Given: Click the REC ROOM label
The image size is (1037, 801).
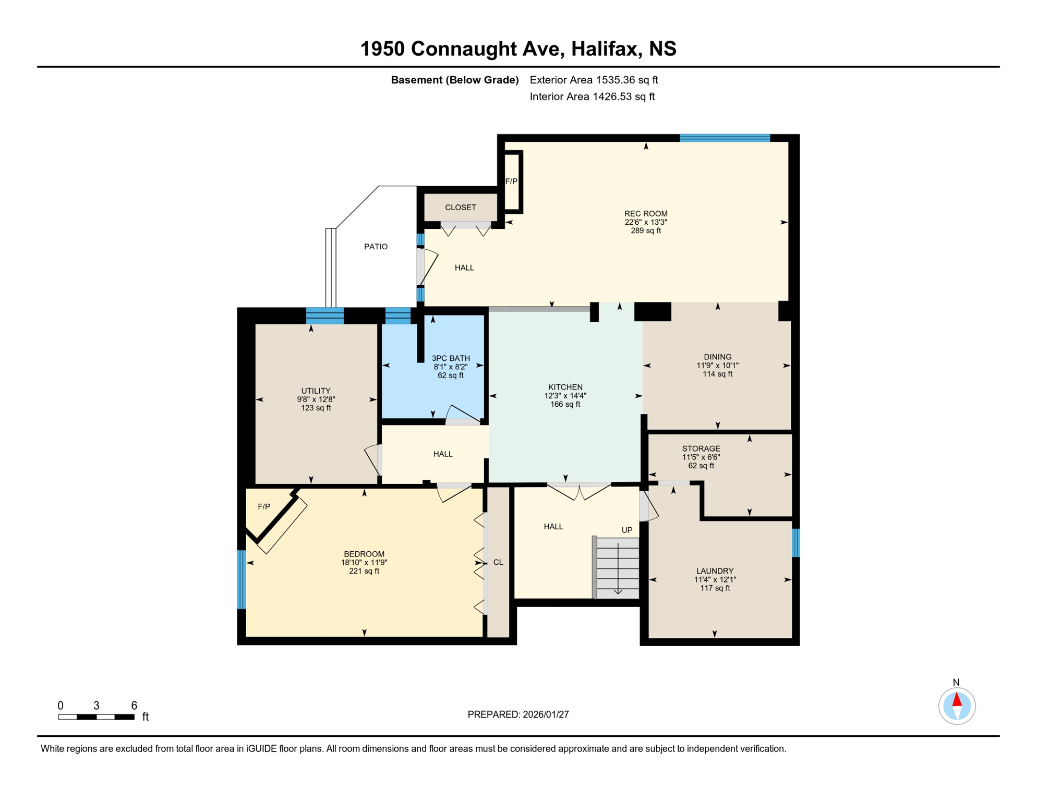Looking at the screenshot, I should click(646, 214).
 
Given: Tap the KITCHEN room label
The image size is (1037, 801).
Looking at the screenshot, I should click(565, 387).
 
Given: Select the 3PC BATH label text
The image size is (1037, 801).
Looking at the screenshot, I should click(451, 358).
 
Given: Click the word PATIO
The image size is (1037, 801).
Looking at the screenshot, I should click(376, 247).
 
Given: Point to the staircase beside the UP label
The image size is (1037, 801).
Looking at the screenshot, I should click(618, 568).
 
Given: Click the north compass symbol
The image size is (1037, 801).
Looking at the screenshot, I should click(957, 706).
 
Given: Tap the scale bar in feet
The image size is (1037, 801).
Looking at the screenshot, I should click(97, 717).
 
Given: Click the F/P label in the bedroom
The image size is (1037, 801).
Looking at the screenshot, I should click(264, 506).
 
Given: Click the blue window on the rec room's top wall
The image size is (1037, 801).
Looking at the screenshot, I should click(725, 138).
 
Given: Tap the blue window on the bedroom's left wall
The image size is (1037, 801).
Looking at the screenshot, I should click(242, 579).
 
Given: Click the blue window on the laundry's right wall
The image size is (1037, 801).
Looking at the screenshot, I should click(795, 543).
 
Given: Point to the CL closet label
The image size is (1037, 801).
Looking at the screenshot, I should click(498, 562).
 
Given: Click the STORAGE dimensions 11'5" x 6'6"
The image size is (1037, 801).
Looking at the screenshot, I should click(701, 457).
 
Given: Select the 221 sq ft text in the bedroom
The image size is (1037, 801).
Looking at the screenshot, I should click(364, 571).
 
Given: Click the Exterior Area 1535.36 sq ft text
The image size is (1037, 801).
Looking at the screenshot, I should click(594, 80).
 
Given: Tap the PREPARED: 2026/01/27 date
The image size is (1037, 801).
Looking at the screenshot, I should click(518, 714).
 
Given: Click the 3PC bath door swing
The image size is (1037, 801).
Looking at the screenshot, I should click(463, 415).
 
